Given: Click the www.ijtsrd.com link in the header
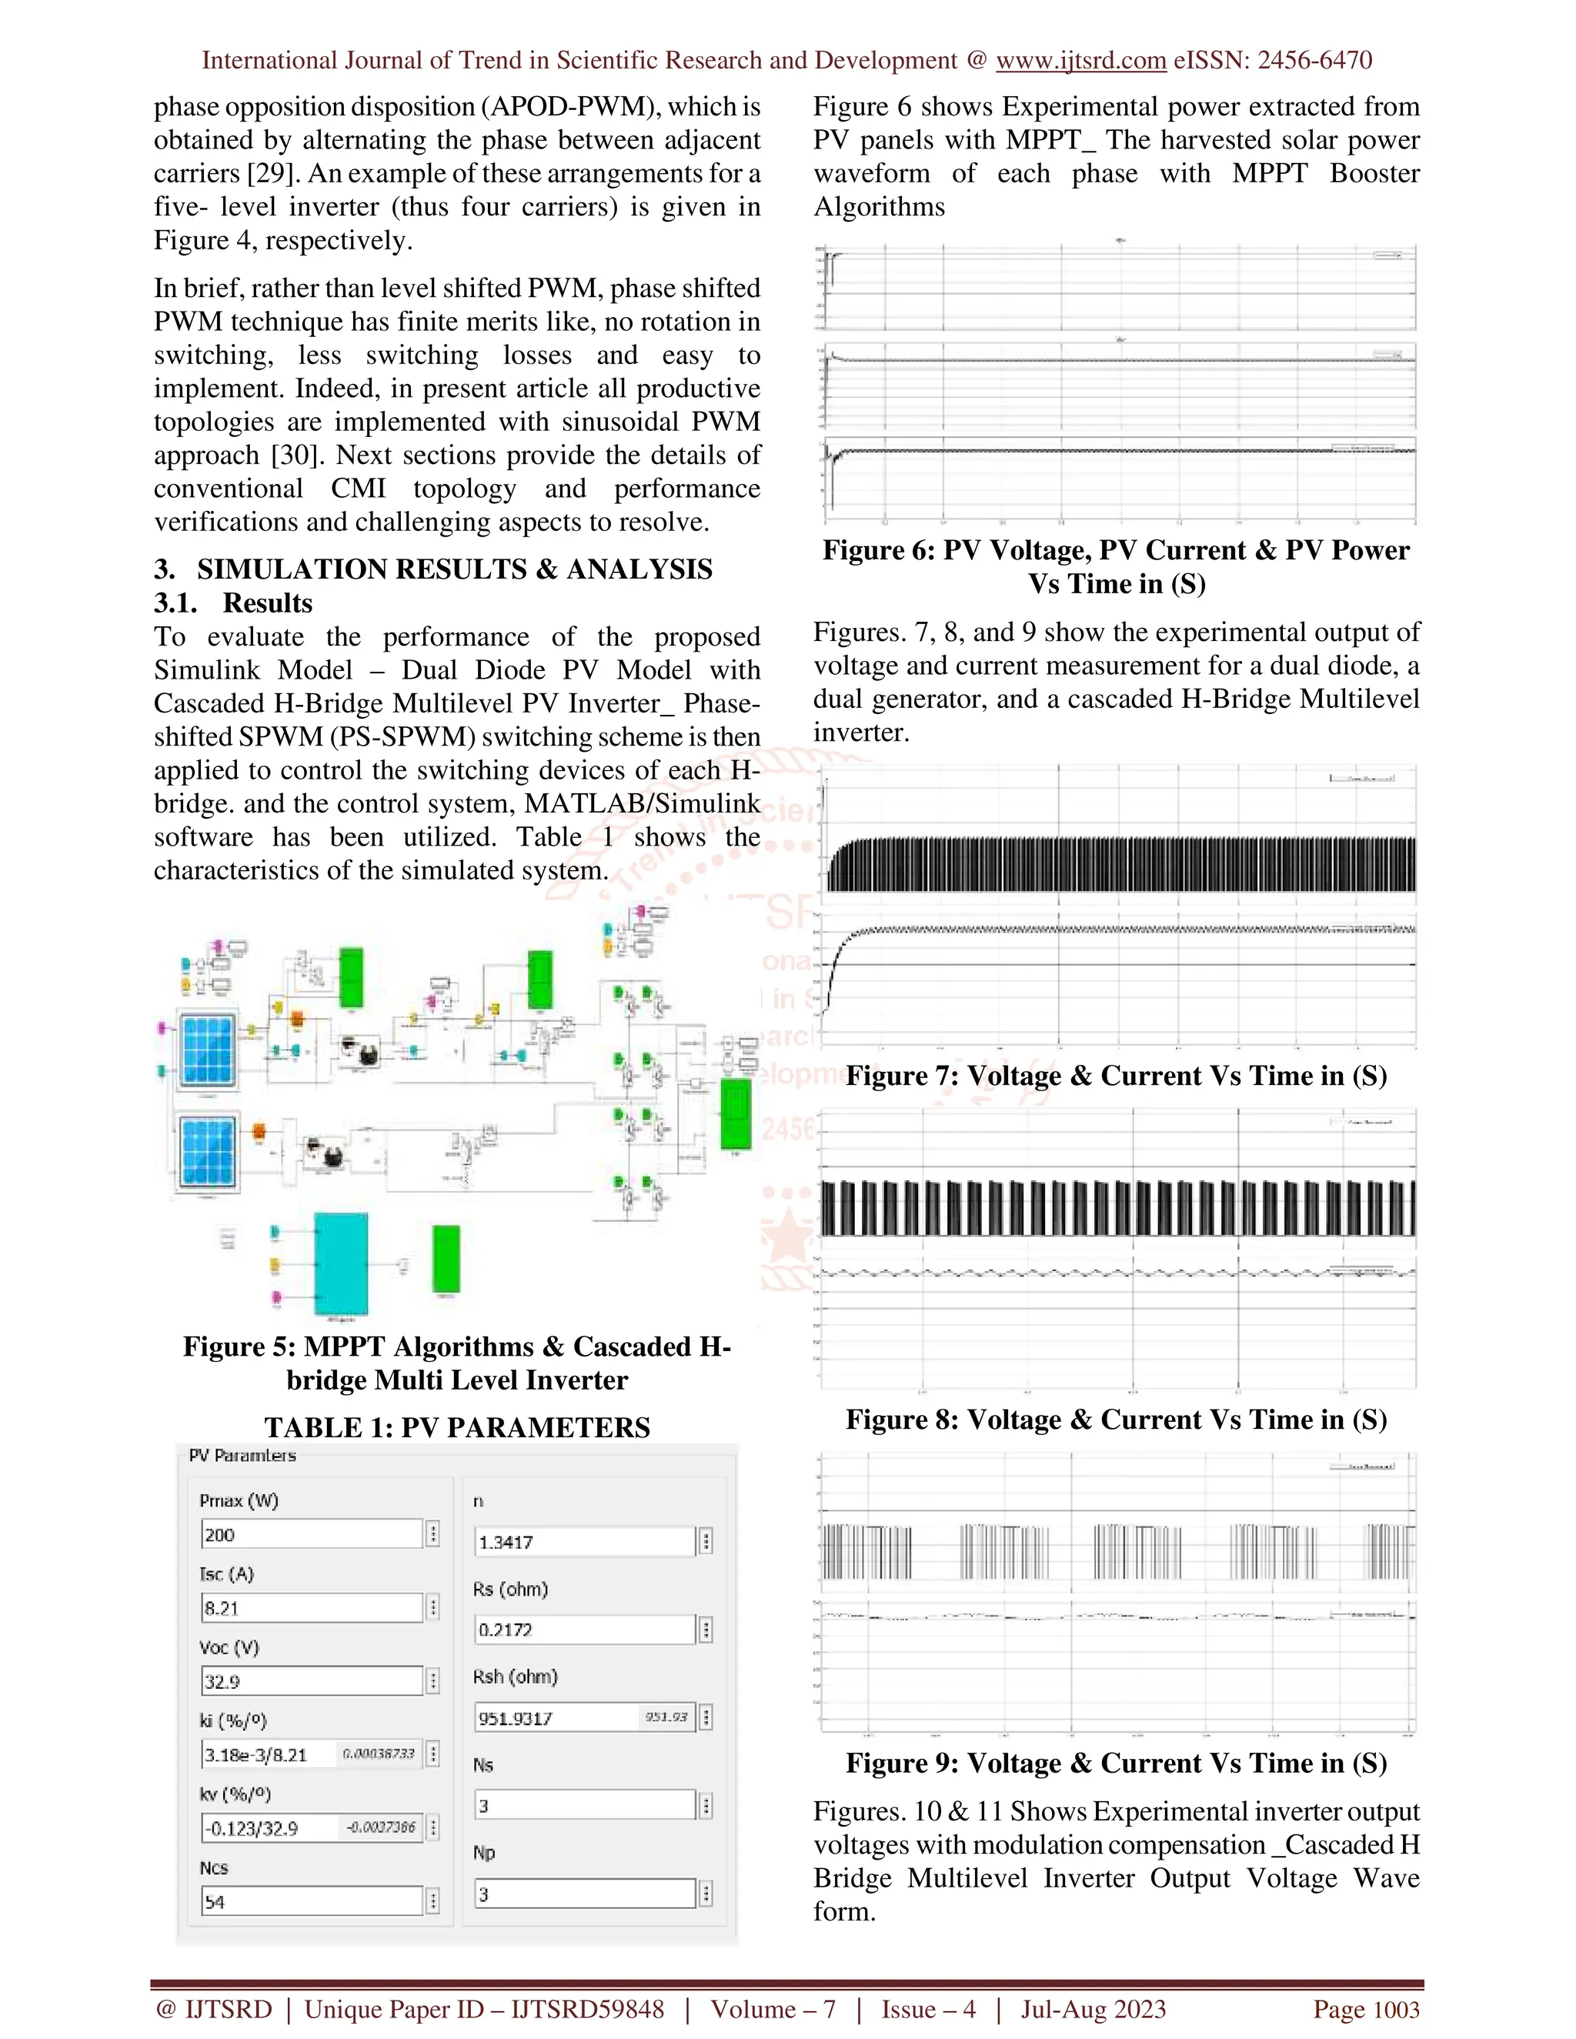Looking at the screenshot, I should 1080,61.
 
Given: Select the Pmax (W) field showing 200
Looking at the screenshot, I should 311,1534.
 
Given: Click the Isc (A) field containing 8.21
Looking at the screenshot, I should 311,1607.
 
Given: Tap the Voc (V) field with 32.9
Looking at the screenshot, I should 311,1681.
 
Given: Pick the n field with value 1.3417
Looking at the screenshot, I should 585,1542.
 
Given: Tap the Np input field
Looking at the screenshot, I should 585,1894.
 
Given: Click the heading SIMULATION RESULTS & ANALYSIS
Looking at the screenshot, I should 454,569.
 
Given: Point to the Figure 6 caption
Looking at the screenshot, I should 1116,567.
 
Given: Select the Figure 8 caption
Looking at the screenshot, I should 1116,1420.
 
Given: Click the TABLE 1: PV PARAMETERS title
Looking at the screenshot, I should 456,1427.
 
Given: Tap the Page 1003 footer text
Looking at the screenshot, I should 1366,2009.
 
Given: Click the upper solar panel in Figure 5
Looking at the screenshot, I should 207,1049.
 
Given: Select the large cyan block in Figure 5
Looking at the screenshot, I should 341,1264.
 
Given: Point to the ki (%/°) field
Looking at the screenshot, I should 311,1754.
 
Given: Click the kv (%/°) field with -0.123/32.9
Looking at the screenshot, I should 311,1828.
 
